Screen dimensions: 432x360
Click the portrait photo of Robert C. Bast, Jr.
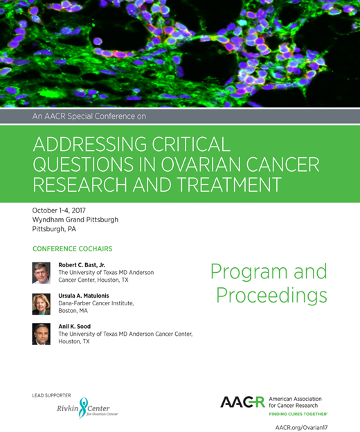coord(42,273)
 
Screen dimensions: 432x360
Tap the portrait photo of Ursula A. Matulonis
coord(42,303)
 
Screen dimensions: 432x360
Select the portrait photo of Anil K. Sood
coord(42,334)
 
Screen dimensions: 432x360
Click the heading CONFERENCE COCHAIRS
coord(72,249)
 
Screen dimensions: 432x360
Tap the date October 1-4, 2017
coord(66,210)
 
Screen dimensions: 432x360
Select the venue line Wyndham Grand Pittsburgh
coord(75,219)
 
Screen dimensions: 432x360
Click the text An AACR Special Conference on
coord(89,116)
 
